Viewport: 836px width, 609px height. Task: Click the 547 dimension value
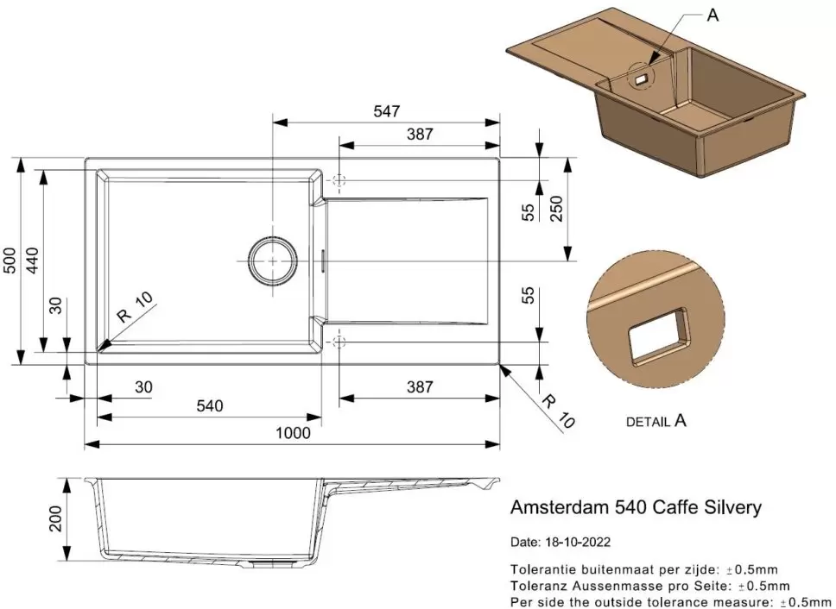coord(386,111)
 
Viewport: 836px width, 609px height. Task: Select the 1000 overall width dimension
coord(294,433)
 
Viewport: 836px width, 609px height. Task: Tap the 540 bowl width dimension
coord(209,406)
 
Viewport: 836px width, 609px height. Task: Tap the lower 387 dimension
coord(419,386)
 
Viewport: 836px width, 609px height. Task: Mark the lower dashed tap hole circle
coord(339,342)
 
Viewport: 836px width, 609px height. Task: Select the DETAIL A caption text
coord(655,422)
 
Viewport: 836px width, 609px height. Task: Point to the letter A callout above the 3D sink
coord(712,16)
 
